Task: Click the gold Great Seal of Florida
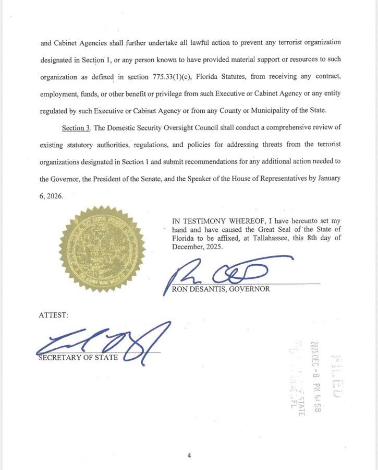click(102, 249)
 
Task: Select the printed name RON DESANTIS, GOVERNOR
click(221, 289)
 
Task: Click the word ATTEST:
click(53, 315)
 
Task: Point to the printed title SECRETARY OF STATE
click(78, 358)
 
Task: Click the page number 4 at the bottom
click(189, 455)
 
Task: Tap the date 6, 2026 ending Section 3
click(51, 196)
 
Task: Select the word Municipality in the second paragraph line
click(272, 111)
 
